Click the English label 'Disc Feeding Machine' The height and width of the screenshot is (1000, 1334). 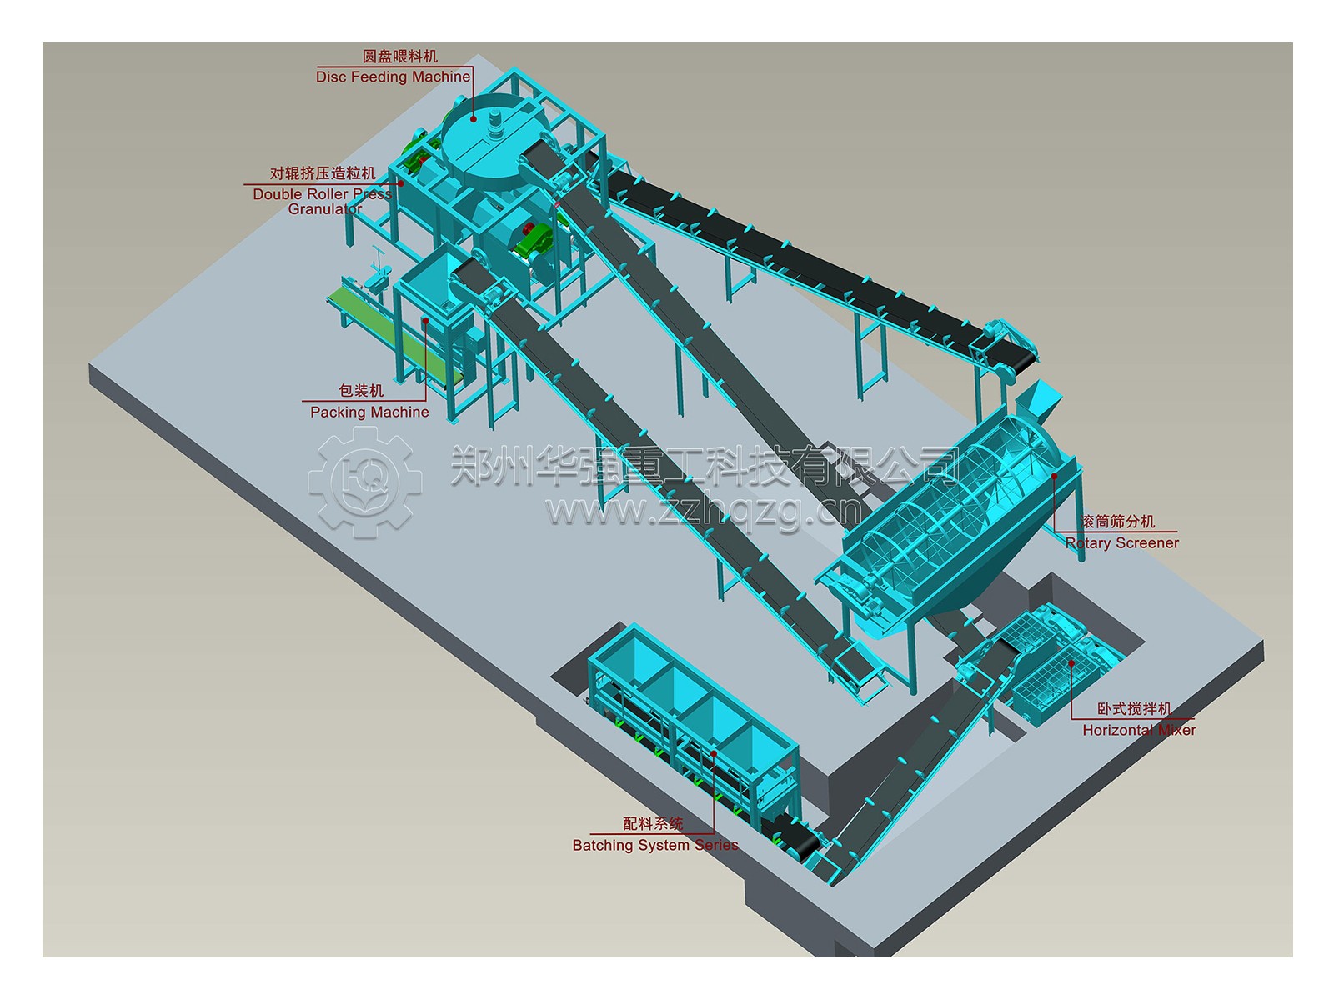coord(393,77)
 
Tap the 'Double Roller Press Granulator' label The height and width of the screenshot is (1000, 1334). coord(323,201)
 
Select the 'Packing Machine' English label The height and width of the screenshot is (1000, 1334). coord(369,412)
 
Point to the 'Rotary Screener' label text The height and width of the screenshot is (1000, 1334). coord(1121,542)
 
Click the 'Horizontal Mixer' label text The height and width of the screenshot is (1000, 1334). coord(1139,730)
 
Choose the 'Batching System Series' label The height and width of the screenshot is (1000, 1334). coord(655,845)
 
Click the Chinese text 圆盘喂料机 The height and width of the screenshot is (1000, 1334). coord(400,57)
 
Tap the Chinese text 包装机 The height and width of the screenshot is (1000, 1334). coord(361,390)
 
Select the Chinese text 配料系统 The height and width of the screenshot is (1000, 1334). coord(653,824)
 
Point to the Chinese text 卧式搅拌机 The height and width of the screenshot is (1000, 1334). coord(1134,708)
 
